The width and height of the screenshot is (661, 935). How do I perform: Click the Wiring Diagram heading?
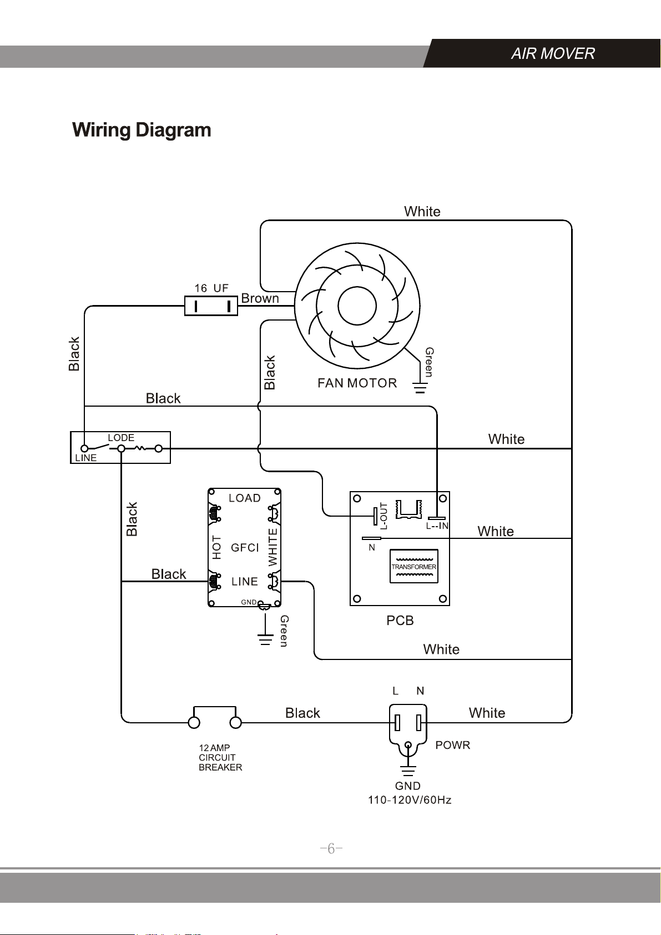coord(142,130)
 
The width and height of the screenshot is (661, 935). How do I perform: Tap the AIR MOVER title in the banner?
coord(553,53)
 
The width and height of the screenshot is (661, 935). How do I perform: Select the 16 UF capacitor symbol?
coord(211,306)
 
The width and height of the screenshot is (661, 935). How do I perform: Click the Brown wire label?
coord(260,298)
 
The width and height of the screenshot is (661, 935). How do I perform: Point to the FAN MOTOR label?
coord(357,383)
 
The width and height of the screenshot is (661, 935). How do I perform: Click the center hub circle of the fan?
coord(357,306)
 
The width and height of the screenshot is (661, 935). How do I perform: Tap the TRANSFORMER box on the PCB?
coord(413,566)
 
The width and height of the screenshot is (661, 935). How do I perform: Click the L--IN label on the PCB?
coord(437,526)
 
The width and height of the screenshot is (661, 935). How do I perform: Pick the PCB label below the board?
coord(400,621)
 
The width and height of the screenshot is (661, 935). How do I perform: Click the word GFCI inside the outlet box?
coord(245,548)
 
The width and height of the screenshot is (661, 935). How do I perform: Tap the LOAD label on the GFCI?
coord(245,498)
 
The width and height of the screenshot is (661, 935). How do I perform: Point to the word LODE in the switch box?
coord(121,438)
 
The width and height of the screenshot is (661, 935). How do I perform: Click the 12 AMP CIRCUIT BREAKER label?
coord(220,758)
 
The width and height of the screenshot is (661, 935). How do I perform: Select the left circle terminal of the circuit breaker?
coord(194,723)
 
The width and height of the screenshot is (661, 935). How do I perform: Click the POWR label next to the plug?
coord(452,745)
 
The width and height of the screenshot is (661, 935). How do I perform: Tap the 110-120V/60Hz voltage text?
coord(410,800)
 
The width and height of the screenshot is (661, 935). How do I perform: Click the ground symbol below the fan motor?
coord(420,388)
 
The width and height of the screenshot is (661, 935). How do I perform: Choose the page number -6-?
coord(331,848)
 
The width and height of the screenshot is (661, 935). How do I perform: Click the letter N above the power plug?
coord(420,691)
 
